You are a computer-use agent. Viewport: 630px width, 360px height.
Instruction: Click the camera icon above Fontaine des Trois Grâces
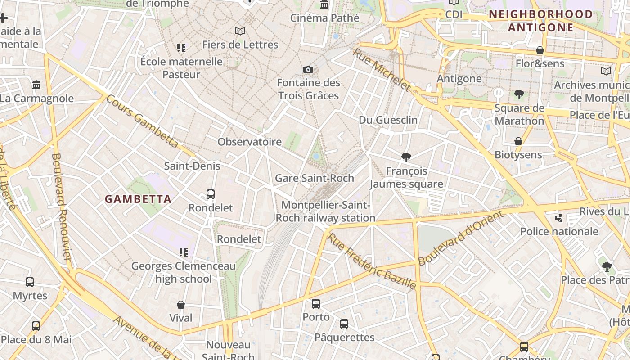(308, 69)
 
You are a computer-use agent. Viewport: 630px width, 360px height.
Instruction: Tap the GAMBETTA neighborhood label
(138, 199)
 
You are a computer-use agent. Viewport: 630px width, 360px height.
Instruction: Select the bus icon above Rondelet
(210, 194)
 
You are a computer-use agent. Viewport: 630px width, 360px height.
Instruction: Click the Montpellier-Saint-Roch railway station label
(325, 211)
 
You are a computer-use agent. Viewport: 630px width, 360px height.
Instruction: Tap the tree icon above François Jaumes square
(406, 157)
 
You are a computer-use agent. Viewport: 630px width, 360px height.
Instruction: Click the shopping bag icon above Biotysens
(518, 141)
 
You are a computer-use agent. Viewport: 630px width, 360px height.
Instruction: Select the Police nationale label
(559, 231)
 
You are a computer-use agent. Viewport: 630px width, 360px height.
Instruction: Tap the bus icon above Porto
(316, 304)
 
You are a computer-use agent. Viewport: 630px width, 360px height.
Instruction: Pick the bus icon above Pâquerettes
(344, 324)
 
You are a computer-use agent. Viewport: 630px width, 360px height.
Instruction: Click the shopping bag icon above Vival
(181, 305)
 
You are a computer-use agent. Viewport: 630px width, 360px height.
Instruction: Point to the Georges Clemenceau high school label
(184, 272)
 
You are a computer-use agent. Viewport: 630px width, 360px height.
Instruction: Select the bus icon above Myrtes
(30, 282)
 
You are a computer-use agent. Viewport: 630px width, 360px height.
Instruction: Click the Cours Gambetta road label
(142, 121)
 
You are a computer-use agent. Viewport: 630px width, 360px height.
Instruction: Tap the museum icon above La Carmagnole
(36, 85)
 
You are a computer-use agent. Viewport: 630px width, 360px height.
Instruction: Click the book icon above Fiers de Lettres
(240, 31)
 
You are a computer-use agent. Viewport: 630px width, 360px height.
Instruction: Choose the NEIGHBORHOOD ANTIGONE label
(541, 21)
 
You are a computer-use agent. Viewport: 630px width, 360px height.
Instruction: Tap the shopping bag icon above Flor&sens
(540, 50)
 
